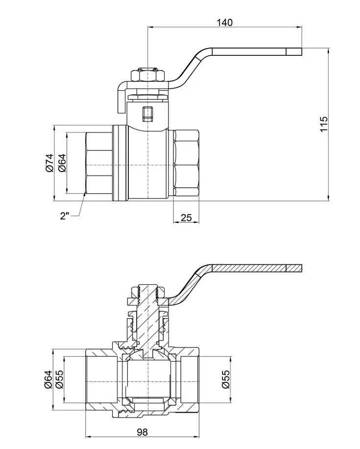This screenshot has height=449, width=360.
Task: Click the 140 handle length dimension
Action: coord(225,23)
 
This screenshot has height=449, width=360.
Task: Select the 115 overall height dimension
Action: coord(323,124)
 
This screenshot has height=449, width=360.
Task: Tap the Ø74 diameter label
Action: coord(49,163)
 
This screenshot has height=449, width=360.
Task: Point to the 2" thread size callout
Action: coord(65,215)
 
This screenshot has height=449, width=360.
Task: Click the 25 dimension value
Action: coord(186,218)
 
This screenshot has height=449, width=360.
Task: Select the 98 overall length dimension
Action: coord(142,432)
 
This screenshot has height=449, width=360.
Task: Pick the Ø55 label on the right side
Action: coord(226,379)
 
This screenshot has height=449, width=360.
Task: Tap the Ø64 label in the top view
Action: coord(62,163)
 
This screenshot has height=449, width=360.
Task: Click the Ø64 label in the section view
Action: coord(48,379)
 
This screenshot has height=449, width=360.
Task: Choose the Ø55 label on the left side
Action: coord(60,379)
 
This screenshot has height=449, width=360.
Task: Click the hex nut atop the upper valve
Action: coord(147,75)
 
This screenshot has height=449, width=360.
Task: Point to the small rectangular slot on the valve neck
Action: coord(147,113)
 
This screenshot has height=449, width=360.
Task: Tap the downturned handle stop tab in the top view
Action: coord(121,98)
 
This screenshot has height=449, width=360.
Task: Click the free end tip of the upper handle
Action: coord(302,51)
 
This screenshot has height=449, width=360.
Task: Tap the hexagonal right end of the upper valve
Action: coord(186,163)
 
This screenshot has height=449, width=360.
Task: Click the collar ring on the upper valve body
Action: coord(120,163)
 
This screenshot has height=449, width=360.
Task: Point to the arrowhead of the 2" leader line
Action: coord(85,195)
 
